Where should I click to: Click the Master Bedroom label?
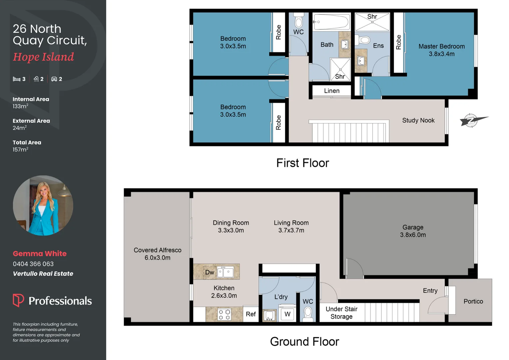tap(441, 50)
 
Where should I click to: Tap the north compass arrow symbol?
tap(473, 120)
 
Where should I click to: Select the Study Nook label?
tap(418, 120)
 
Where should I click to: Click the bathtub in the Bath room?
tap(331, 22)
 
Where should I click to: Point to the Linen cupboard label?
tap(331, 91)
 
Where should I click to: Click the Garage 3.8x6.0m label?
tap(413, 231)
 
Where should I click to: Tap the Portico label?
tap(473, 301)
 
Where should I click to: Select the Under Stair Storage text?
tap(341, 313)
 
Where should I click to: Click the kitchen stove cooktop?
tap(224, 315)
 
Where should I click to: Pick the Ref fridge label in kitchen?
tap(251, 314)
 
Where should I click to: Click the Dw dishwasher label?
tap(210, 272)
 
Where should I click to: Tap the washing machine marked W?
tap(287, 314)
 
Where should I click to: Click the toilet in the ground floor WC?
tap(308, 313)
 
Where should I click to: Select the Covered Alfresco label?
tap(158, 254)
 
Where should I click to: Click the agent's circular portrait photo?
tap(43, 205)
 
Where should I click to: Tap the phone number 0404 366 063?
tap(33, 264)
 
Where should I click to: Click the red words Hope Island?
tap(43, 57)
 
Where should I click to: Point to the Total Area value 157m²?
tap(20, 150)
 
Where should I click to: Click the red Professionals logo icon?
tap(18, 300)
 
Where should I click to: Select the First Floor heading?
tap(302, 163)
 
